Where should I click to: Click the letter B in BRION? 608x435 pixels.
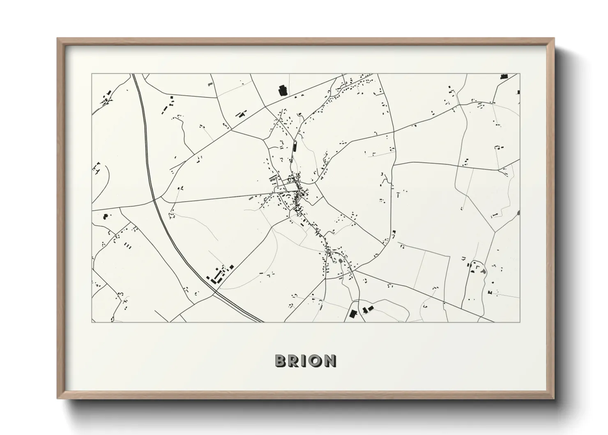pyautogui.click(x=281, y=361)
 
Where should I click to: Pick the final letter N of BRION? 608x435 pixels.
pyautogui.click(x=329, y=361)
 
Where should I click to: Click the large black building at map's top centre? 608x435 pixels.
pyautogui.click(x=283, y=90)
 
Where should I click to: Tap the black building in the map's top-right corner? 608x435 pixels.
pyautogui.click(x=503, y=76)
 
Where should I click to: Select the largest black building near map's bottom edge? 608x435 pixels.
pyautogui.click(x=352, y=314)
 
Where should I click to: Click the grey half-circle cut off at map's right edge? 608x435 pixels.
pyautogui.click(x=518, y=213)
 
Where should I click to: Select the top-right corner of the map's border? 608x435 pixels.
pyautogui.click(x=520, y=74)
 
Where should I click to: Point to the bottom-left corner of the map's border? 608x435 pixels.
pyautogui.click(x=92, y=322)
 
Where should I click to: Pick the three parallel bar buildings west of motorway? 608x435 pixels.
pyautogui.click(x=127, y=246)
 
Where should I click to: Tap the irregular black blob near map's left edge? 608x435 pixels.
pyautogui.click(x=105, y=215)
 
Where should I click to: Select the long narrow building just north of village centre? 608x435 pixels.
pyautogui.click(x=295, y=146)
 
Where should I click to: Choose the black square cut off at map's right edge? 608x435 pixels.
pyautogui.click(x=518, y=92)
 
